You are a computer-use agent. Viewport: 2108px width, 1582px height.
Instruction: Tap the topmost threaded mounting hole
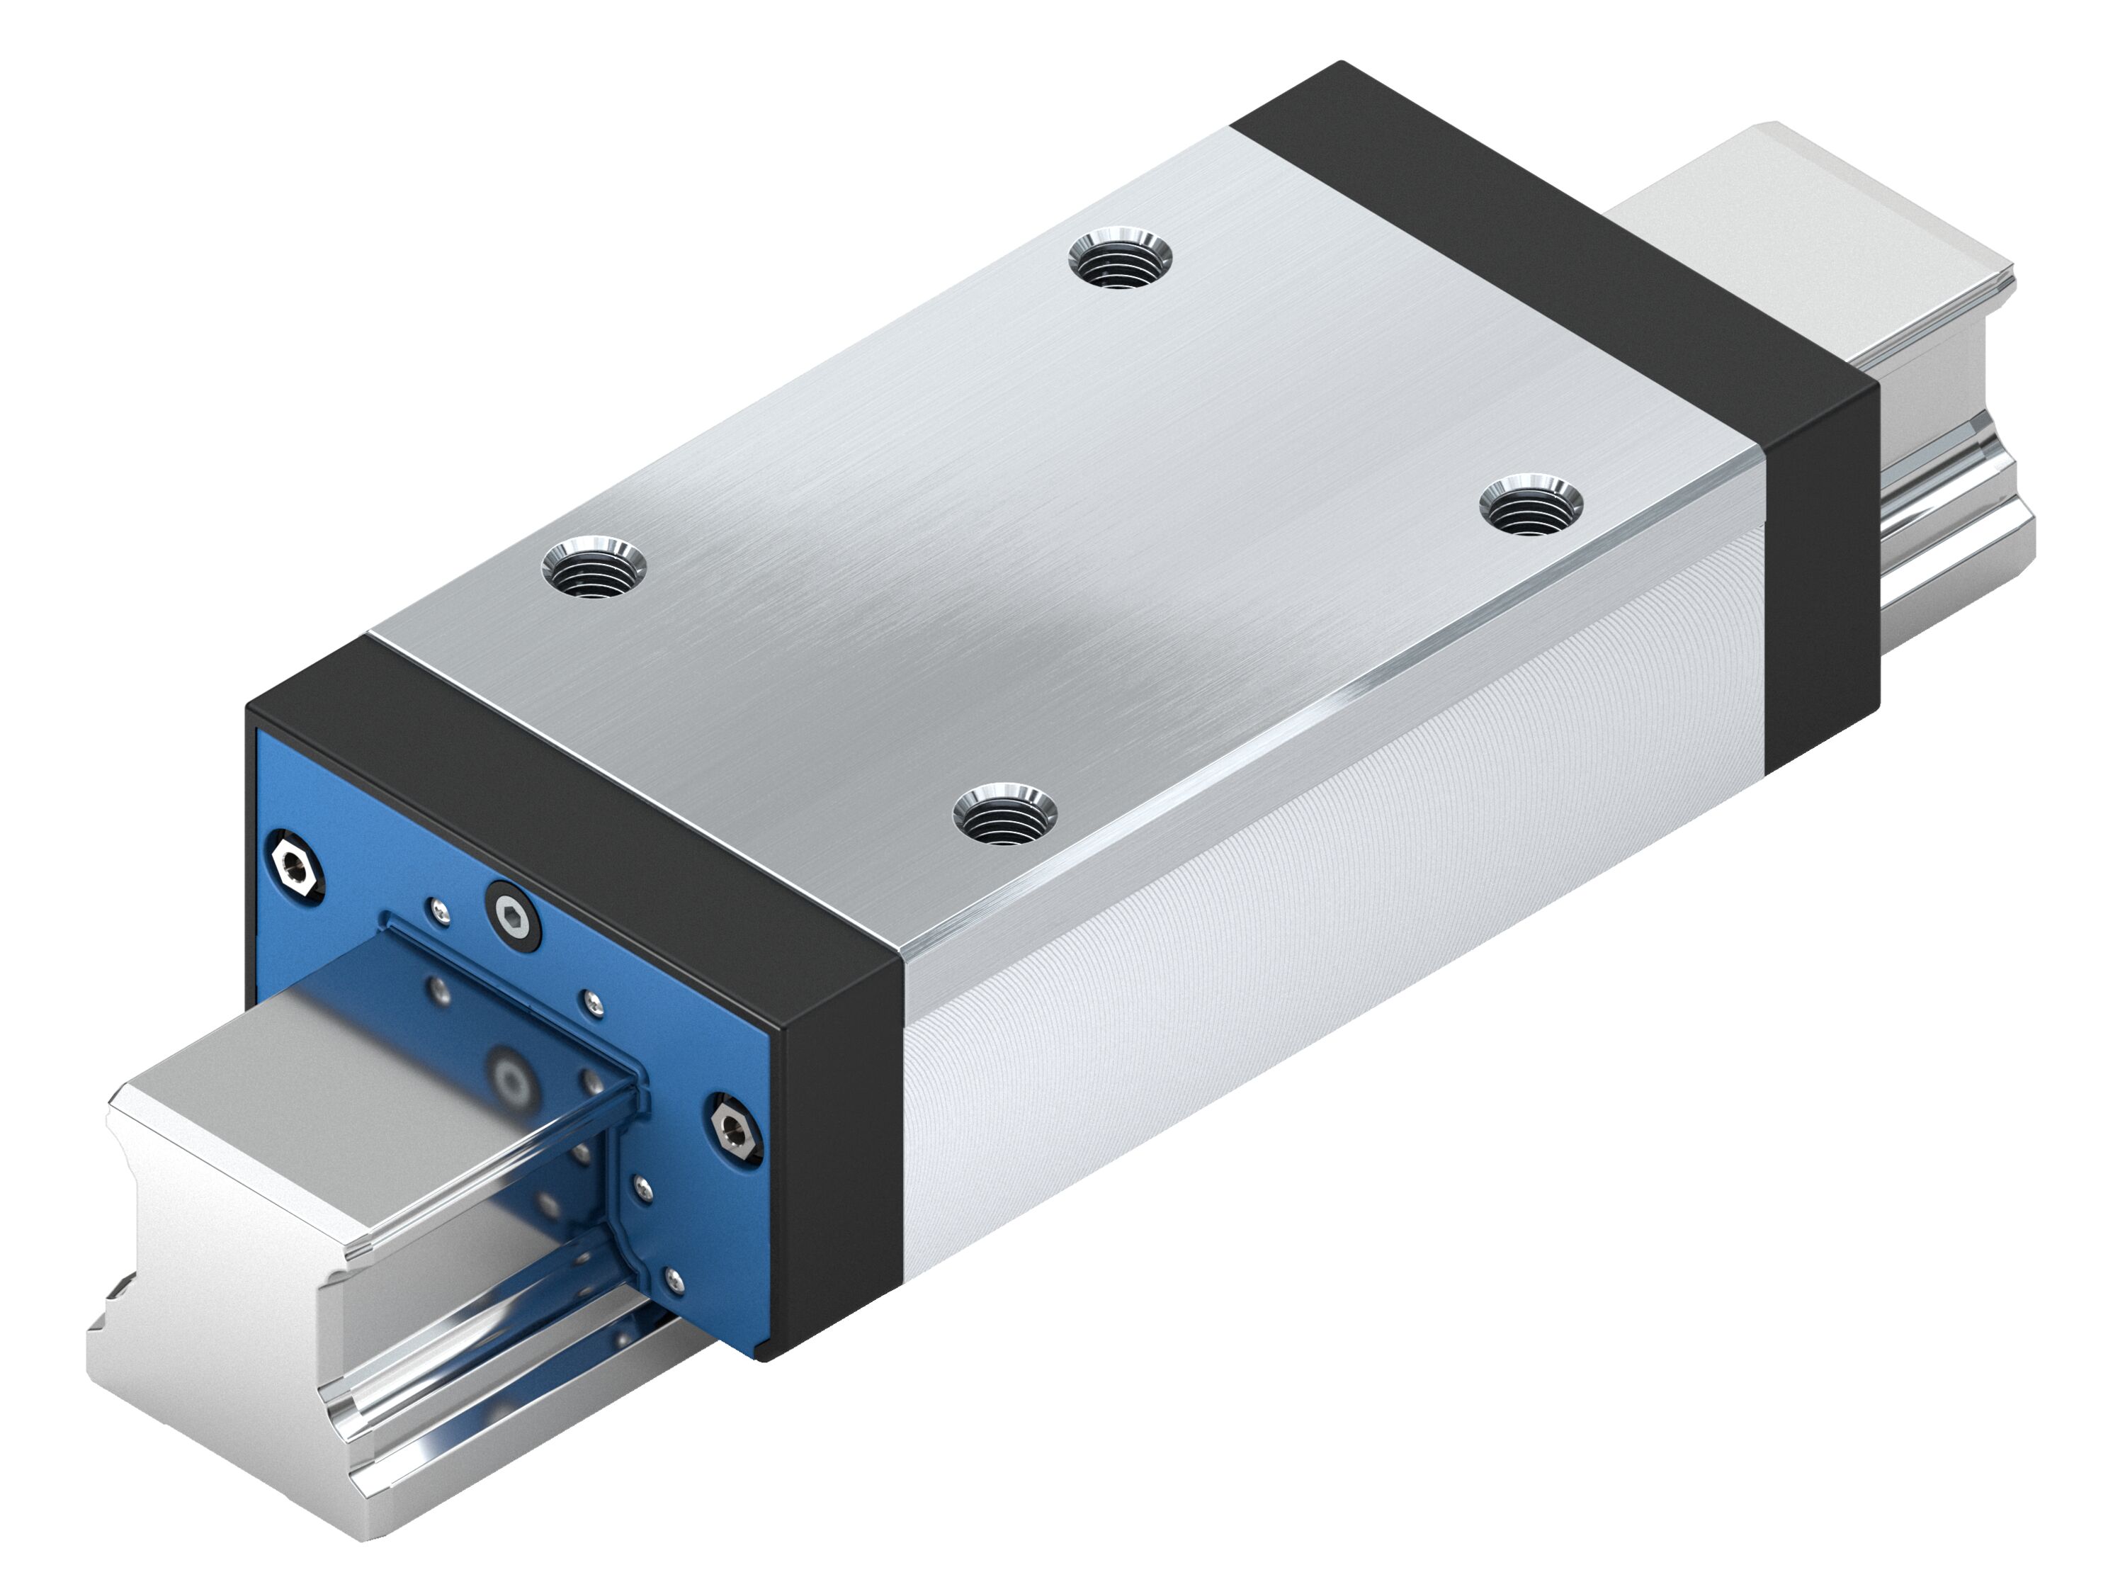pyautogui.click(x=1120, y=259)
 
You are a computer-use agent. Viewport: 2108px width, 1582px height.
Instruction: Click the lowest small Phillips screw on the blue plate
pyautogui.click(x=675, y=1282)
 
